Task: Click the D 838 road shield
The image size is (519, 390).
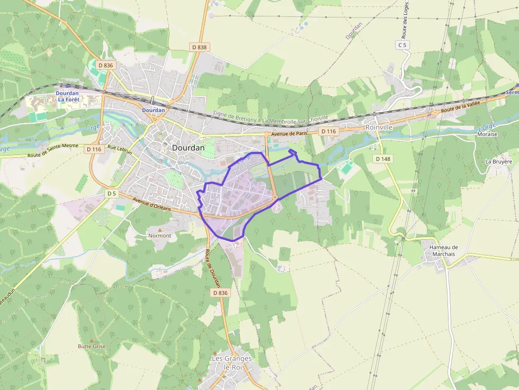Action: tap(200, 47)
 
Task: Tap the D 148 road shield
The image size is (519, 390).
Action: tap(382, 159)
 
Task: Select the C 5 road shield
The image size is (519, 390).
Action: tap(403, 45)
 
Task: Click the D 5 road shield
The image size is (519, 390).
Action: tap(111, 194)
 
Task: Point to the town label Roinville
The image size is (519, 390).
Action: tap(379, 127)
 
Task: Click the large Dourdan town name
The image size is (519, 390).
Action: tap(188, 148)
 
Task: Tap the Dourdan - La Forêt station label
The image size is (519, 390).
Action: tap(67, 96)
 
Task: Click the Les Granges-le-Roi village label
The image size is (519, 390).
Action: tap(233, 362)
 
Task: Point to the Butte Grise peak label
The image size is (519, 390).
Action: tap(92, 347)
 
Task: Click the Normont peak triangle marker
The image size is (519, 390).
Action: tap(159, 230)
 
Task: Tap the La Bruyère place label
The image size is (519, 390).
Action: tap(499, 161)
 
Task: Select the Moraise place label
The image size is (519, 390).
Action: tap(487, 134)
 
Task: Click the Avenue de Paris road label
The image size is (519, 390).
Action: tap(289, 133)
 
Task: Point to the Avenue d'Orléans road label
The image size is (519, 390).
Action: tap(152, 204)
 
